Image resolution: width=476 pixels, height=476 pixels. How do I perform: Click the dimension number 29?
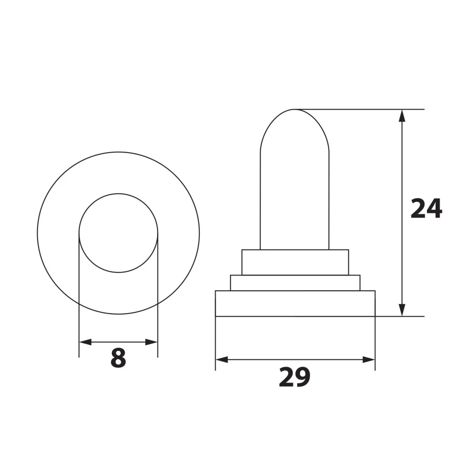pyautogui.click(x=295, y=377)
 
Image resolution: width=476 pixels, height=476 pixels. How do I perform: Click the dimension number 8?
pyautogui.click(x=118, y=358)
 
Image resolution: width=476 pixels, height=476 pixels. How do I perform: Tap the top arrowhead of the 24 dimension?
pyautogui.click(x=402, y=116)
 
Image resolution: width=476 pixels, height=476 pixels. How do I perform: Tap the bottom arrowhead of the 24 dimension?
pyautogui.click(x=402, y=310)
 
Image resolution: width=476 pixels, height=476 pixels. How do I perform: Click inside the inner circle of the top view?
pyautogui.click(x=118, y=233)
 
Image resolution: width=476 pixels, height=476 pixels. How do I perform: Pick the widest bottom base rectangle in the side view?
pyautogui.click(x=295, y=303)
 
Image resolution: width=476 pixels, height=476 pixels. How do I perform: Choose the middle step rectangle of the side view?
pyautogui.click(x=295, y=283)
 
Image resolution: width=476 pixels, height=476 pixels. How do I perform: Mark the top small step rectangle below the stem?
pyautogui.click(x=295, y=262)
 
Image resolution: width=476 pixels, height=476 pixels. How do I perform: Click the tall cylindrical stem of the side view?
pyautogui.click(x=294, y=200)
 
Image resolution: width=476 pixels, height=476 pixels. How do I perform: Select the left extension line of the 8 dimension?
pyautogui.click(x=79, y=295)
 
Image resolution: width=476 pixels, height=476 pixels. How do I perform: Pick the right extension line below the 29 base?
pyautogui.click(x=375, y=343)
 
